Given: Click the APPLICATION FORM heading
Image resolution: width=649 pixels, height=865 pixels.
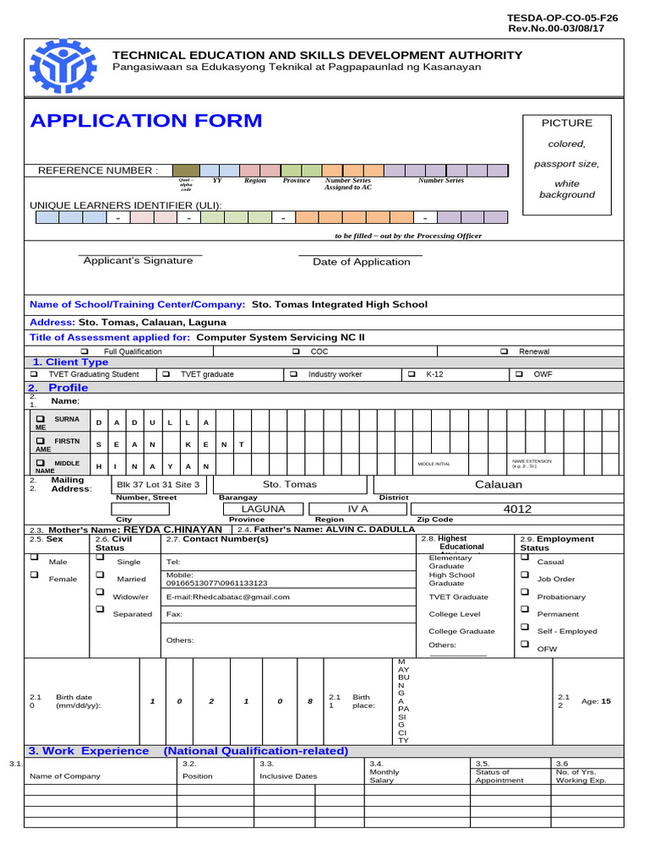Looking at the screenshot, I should pyautogui.click(x=146, y=121).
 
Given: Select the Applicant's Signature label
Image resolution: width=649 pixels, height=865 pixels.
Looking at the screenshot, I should pyautogui.click(x=138, y=261).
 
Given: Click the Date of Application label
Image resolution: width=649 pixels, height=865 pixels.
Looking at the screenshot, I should pyautogui.click(x=361, y=262).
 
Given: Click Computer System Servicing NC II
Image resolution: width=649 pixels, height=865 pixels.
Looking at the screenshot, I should pyautogui.click(x=281, y=336).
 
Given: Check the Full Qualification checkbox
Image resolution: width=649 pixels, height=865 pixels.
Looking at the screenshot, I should pyautogui.click(x=84, y=351).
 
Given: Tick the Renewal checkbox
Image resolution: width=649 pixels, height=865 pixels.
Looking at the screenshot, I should pyautogui.click(x=504, y=351).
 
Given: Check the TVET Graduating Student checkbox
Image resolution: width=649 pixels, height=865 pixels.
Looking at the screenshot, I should pyautogui.click(x=34, y=373).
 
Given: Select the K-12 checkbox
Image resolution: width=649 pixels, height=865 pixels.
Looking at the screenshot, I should pyautogui.click(x=412, y=373).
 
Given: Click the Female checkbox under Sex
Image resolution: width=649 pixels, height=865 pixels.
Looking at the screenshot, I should pyautogui.click(x=35, y=575).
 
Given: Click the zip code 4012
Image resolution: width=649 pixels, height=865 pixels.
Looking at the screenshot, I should pyautogui.click(x=517, y=509).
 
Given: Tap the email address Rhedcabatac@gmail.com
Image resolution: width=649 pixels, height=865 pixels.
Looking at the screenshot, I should pyautogui.click(x=228, y=596).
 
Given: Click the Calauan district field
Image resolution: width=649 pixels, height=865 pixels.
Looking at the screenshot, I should pyautogui.click(x=499, y=484).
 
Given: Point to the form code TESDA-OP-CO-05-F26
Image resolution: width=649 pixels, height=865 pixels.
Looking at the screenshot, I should pyautogui.click(x=561, y=17).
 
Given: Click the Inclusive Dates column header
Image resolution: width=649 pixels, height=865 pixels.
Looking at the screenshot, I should pyautogui.click(x=286, y=775).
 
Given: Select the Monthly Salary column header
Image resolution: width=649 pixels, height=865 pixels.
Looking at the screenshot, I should pyautogui.click(x=385, y=775).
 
